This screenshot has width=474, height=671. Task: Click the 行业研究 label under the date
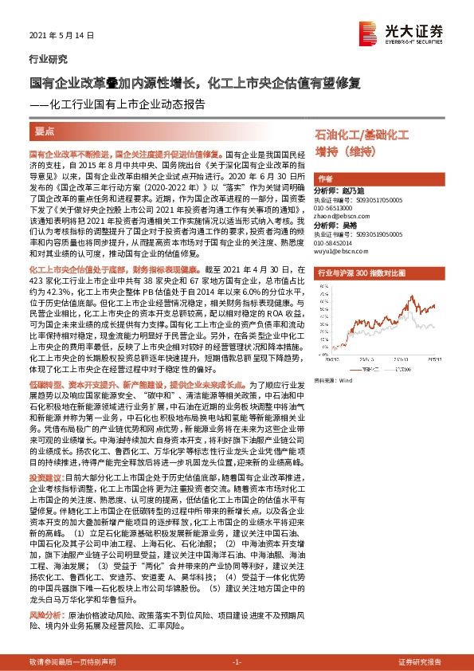pyautogui.click(x=49, y=59)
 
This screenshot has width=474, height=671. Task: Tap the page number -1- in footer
pyautogui.click(x=237, y=661)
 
